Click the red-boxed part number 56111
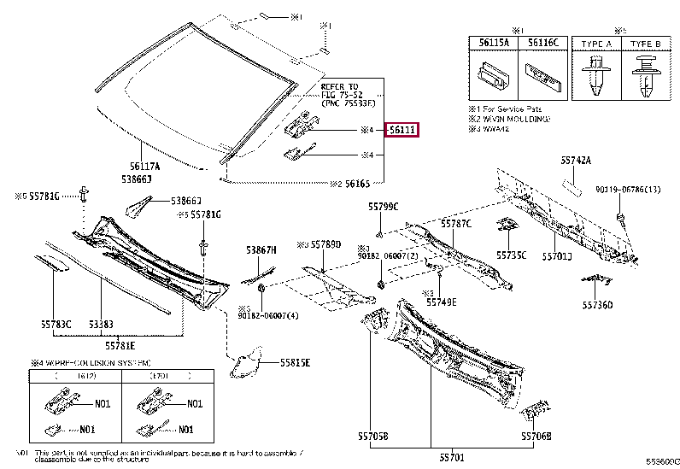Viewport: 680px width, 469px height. coord(402,130)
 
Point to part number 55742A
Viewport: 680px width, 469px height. coord(576,160)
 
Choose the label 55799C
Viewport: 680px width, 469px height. coord(384,207)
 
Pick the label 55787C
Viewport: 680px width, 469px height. coord(456,223)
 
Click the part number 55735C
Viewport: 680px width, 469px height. coord(511,255)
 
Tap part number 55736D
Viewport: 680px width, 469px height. coord(597,304)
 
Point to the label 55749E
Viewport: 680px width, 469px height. coord(441,302)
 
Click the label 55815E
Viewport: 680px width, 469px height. coord(295,362)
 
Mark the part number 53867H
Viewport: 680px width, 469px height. coord(262,249)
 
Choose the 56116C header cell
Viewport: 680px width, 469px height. coord(542,42)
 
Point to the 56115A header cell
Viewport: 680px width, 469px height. coord(494,42)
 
